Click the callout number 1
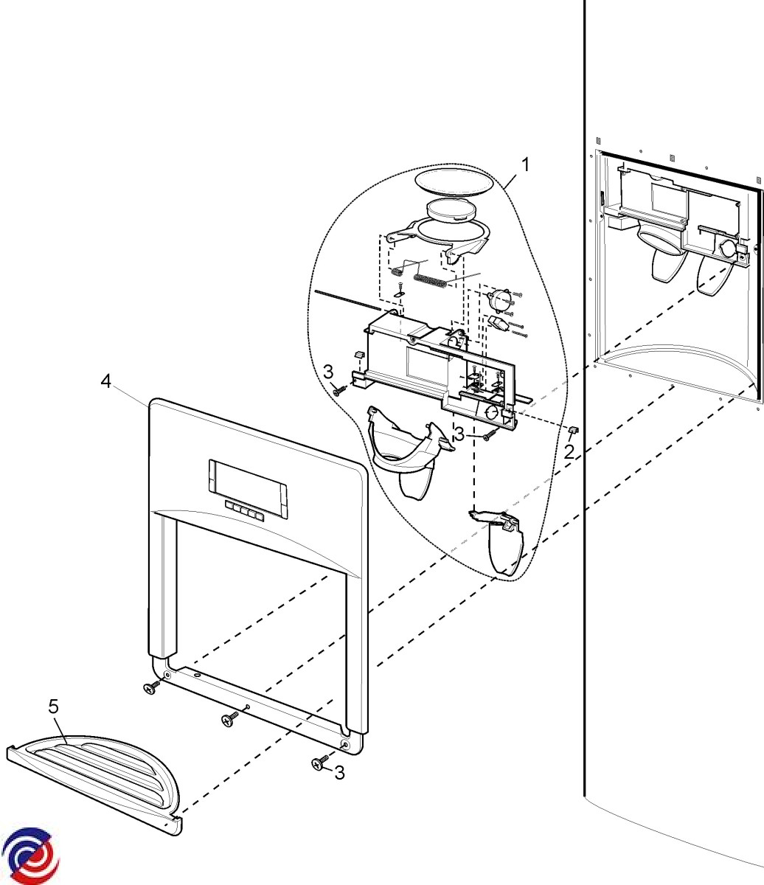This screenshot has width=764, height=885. point(525,165)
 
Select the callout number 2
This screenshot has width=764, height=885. point(569,451)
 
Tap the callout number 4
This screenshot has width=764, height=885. point(106,381)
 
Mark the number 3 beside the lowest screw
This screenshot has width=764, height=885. point(338,773)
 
